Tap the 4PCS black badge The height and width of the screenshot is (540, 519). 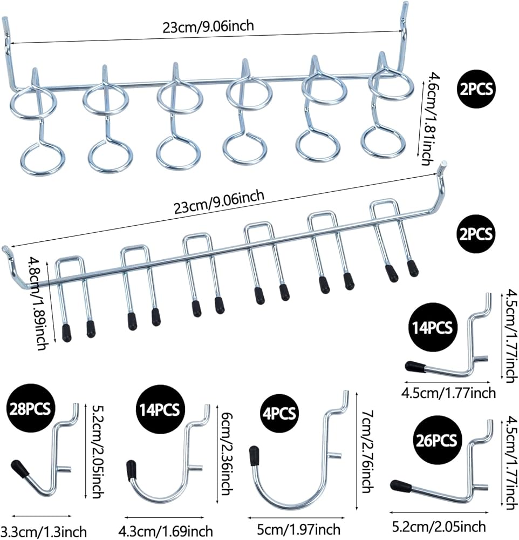click(x=277, y=414)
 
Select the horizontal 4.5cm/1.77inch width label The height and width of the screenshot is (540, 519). click(x=449, y=392)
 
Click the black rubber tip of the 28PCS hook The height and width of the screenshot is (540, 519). click(x=19, y=468)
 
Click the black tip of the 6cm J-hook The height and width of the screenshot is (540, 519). click(x=131, y=470)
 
